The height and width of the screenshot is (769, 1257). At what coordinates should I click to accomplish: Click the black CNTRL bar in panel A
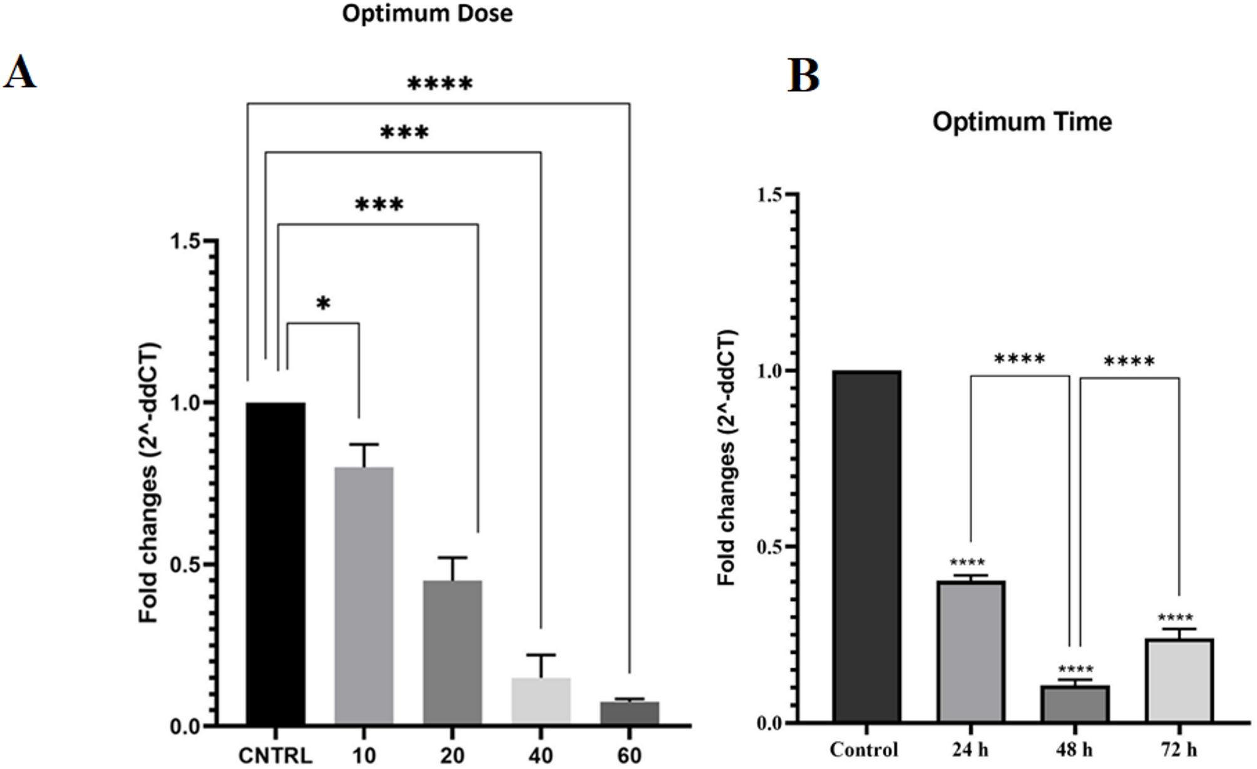click(275, 564)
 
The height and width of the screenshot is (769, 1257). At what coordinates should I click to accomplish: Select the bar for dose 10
click(364, 595)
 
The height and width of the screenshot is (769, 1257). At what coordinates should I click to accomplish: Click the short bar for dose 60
click(629, 713)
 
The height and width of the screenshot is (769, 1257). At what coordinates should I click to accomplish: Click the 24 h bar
click(971, 651)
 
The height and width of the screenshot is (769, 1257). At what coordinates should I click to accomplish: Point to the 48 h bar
click(1075, 704)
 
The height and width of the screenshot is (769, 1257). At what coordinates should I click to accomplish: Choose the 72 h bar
click(1179, 680)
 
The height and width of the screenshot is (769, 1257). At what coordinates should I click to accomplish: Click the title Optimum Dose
click(427, 13)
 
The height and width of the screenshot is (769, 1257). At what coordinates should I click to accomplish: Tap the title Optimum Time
click(1022, 121)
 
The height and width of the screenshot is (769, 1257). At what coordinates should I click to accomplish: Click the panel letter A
click(19, 72)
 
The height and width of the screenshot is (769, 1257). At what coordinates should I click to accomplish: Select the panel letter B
click(803, 76)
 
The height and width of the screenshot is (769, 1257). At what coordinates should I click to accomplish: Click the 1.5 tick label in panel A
click(185, 241)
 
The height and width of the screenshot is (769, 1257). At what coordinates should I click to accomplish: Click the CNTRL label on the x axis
click(275, 755)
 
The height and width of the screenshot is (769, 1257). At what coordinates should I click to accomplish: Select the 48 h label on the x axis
click(1074, 749)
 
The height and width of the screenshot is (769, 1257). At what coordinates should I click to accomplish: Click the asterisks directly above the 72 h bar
click(1175, 618)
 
